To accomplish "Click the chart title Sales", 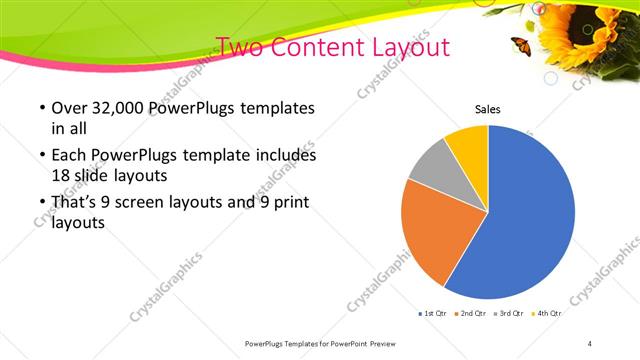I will [x=487, y=110].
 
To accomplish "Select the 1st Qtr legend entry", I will [x=432, y=314].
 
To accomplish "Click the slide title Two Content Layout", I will [x=333, y=47].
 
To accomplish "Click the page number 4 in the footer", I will [x=590, y=343].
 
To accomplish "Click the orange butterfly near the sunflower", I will [x=519, y=43].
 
